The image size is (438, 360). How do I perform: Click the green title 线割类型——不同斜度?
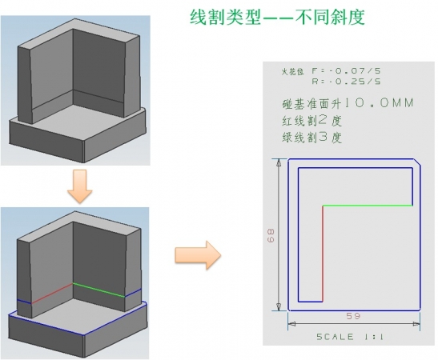(x=277, y=17)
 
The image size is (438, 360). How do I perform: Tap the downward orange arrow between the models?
(x=79, y=186)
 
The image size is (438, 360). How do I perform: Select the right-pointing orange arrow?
(x=198, y=255)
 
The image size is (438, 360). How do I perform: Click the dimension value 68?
(x=271, y=235)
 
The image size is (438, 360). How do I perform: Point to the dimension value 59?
(x=353, y=316)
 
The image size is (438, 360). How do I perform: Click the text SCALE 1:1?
(x=350, y=337)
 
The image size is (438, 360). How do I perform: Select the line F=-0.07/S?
(x=346, y=71)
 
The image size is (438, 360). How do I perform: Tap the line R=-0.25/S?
(x=347, y=82)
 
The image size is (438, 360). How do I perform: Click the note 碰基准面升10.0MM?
(x=348, y=103)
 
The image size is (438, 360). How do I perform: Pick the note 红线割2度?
(x=311, y=121)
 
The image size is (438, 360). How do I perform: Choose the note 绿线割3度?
(x=311, y=138)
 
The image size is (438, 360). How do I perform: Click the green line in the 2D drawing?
(x=368, y=206)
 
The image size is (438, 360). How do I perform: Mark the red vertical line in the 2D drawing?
(x=323, y=254)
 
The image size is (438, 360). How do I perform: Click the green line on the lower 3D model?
(x=98, y=290)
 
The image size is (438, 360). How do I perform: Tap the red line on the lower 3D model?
(x=52, y=294)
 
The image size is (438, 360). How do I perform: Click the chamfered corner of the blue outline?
(x=417, y=162)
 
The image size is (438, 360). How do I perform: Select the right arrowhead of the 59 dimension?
(x=416, y=324)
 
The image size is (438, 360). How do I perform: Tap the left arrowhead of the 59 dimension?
(x=292, y=324)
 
